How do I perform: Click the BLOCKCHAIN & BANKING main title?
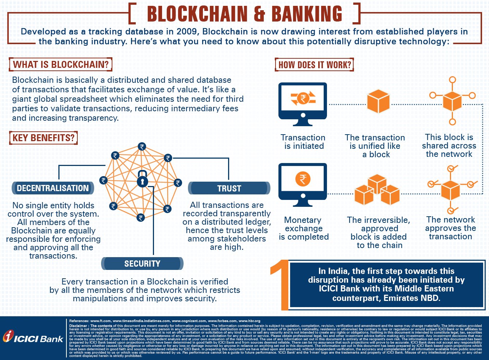coord(244,14)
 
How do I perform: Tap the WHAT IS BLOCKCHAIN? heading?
coord(61,65)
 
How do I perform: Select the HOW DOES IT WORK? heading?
coord(315,65)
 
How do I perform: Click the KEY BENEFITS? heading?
coord(43,138)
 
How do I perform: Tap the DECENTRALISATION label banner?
coord(53,188)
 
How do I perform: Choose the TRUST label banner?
coord(229,188)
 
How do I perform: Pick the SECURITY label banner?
coord(142,263)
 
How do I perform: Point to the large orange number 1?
coord(279,284)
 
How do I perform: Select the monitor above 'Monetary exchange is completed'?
coord(303,185)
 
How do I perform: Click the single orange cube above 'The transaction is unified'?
coord(378,102)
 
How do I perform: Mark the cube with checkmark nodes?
coord(451,189)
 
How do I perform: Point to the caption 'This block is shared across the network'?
coord(449,146)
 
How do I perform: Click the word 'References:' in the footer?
coord(79,321)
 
